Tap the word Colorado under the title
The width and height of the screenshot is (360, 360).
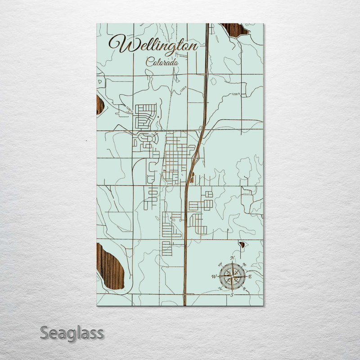tap(162, 63)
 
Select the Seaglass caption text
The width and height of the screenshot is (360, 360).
tap(72, 333)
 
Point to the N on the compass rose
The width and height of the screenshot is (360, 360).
tap(233, 257)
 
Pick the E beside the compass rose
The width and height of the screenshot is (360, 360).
tap(250, 276)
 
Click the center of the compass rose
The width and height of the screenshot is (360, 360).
tap(232, 276)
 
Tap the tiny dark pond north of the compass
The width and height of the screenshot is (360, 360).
tap(242, 245)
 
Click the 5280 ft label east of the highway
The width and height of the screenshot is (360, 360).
tap(236, 94)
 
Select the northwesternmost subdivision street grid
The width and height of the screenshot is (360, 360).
tap(146, 115)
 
